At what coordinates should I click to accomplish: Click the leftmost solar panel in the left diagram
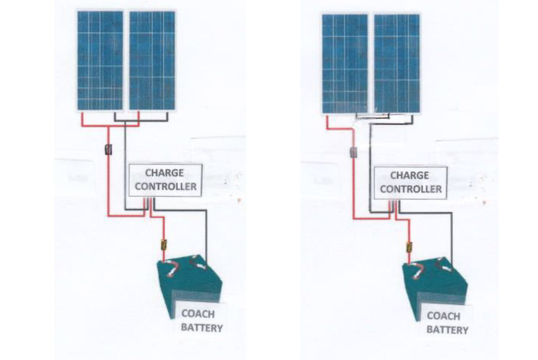tap(100, 60)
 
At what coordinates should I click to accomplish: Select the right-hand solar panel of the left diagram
tap(152, 60)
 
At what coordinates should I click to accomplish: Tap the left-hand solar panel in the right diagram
tap(345, 63)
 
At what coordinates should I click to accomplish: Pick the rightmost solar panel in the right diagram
tap(397, 63)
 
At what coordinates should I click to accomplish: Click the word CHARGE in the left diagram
tap(164, 173)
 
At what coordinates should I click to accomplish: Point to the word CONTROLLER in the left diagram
tap(164, 187)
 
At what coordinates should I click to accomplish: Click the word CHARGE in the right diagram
tap(410, 175)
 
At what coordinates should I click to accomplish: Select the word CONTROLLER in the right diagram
tap(410, 189)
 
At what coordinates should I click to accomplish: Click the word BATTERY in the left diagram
tap(201, 327)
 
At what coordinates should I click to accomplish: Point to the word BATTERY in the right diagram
tap(447, 330)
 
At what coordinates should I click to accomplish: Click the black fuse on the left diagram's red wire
tap(109, 150)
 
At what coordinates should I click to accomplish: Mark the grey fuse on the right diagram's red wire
tap(353, 153)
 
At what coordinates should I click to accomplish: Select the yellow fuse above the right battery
tap(409, 247)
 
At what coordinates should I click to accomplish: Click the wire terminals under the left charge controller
tap(148, 202)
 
